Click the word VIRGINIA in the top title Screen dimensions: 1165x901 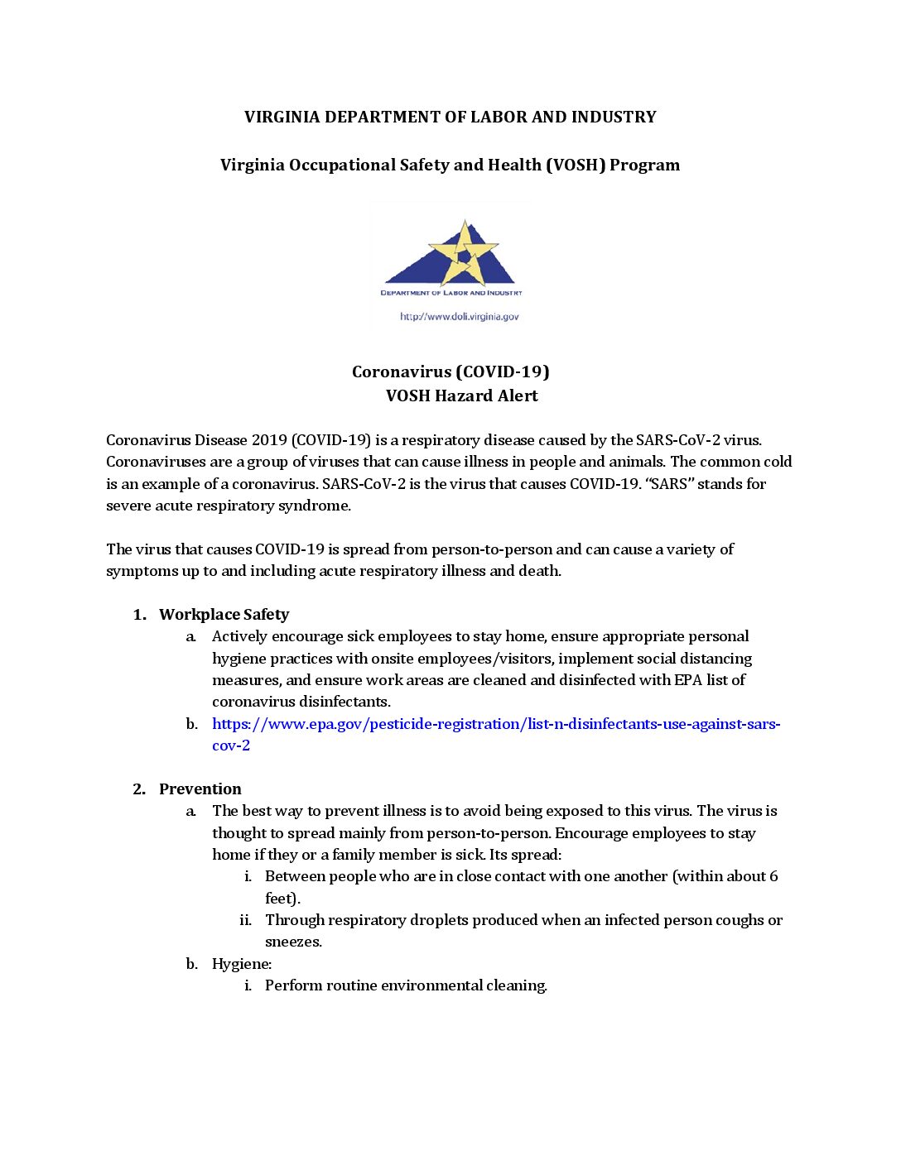coord(282,117)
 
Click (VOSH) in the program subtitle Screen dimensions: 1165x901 coord(575,165)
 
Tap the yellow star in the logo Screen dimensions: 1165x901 coord(464,252)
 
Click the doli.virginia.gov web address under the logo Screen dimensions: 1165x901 coord(459,317)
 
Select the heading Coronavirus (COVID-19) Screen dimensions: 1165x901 coord(450,372)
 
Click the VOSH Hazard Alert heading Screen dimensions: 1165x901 coord(461,396)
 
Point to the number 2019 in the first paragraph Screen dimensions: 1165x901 coord(268,440)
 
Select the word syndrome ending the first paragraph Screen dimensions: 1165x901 coord(317,506)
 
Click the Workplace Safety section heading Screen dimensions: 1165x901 coord(224,615)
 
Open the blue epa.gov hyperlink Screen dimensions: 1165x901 coord(495,725)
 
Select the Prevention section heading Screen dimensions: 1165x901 coord(200,789)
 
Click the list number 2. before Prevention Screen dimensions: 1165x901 coord(139,789)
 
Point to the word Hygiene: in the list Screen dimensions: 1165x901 coord(241,964)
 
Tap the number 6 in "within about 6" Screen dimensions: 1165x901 coord(773,876)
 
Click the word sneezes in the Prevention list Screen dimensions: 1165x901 coord(292,942)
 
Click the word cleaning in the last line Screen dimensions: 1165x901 coord(517,985)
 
